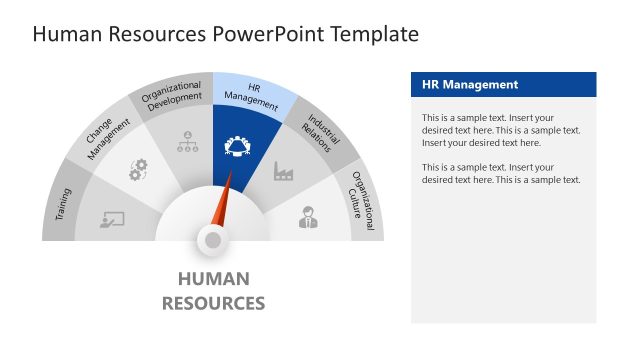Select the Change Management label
pos(107,139)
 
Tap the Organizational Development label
pos(171,98)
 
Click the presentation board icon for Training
pos(112,220)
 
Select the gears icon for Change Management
pos(138,171)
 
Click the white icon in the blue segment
pos(239,148)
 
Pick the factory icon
pos(283,171)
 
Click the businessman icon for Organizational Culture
pos(308,217)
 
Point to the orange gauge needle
pos(224,201)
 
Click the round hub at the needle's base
pos(212,239)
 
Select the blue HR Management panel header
pos(503,85)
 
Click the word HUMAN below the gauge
pos(213,279)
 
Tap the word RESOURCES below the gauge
pos(213,303)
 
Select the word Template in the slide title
pos(372,35)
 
